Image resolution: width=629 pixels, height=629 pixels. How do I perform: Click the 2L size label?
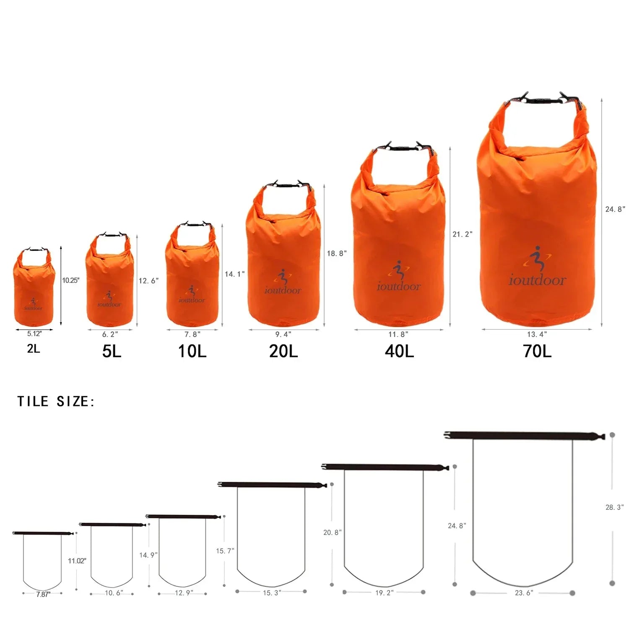click(34, 348)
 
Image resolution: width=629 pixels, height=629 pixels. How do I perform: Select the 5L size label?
click(112, 351)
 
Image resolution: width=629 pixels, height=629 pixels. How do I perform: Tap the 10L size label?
click(192, 351)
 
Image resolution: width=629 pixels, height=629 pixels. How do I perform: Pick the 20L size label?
click(283, 351)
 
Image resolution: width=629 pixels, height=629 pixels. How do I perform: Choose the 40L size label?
click(399, 351)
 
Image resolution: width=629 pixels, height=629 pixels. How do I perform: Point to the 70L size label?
click(537, 351)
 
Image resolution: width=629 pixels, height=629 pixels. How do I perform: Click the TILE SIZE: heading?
click(56, 401)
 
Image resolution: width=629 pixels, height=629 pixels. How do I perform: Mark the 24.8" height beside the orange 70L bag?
click(615, 209)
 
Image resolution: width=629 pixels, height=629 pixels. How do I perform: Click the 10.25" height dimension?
click(70, 281)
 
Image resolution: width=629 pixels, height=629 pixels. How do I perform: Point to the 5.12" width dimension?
click(34, 334)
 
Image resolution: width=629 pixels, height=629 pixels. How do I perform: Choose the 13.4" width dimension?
click(537, 334)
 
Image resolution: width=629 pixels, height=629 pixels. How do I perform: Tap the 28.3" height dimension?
click(614, 507)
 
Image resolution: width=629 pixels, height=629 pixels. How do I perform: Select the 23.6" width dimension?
click(524, 593)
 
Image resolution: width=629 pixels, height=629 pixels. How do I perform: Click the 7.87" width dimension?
click(43, 594)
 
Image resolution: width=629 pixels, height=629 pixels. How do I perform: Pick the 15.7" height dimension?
click(225, 551)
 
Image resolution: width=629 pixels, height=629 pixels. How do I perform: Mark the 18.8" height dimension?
click(337, 253)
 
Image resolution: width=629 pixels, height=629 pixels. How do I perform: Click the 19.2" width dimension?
click(385, 593)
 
